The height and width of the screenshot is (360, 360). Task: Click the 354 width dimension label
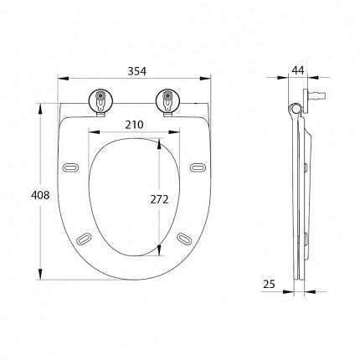click(136, 71)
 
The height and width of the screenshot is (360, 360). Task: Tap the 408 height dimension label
click(40, 195)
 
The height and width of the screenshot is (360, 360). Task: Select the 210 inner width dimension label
click(134, 125)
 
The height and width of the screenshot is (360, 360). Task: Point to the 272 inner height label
click(159, 199)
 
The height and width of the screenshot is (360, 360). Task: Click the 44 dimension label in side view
click(298, 69)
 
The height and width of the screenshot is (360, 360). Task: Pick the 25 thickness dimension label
click(269, 284)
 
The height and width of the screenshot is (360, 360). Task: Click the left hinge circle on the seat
click(100, 100)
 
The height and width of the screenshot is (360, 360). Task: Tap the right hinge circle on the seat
click(167, 100)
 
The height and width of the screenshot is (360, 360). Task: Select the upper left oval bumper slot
click(70, 167)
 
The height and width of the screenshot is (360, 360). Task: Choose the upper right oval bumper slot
click(198, 167)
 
